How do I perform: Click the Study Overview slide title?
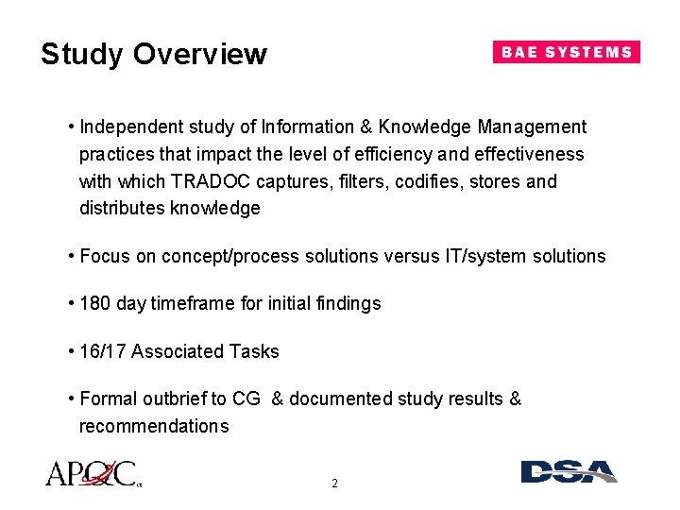click(154, 55)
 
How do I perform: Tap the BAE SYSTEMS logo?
click(566, 52)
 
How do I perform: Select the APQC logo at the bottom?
click(92, 473)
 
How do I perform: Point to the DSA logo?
click(569, 472)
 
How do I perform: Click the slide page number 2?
click(334, 484)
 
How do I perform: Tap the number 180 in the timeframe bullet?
click(96, 303)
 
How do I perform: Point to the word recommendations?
click(153, 426)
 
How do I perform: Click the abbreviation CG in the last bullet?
click(246, 399)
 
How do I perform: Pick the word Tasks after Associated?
click(255, 351)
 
